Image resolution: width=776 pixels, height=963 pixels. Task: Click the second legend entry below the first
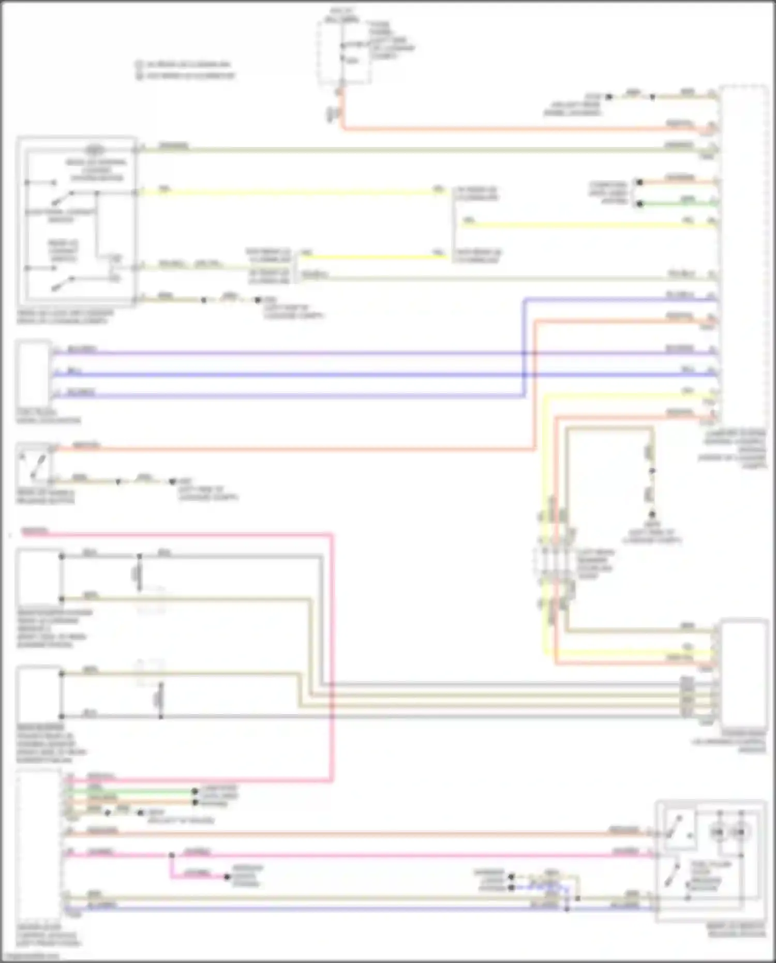click(x=186, y=76)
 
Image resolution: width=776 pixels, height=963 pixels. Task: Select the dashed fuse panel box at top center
click(x=344, y=52)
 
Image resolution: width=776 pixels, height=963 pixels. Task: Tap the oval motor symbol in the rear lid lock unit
click(x=94, y=150)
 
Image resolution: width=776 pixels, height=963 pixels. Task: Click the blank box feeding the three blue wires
click(x=34, y=373)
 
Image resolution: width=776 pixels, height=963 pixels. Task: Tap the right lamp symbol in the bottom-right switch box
click(x=740, y=832)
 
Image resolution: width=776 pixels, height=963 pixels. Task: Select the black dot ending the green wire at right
click(x=640, y=203)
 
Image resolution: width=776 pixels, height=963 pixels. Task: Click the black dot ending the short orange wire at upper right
click(x=640, y=182)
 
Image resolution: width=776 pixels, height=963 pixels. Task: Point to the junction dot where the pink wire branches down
click(x=171, y=855)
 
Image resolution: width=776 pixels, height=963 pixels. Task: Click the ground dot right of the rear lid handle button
click(x=173, y=481)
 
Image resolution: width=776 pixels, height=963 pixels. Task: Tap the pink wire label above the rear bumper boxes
click(x=35, y=531)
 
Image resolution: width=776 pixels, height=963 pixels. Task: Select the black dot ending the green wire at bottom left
click(x=195, y=791)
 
